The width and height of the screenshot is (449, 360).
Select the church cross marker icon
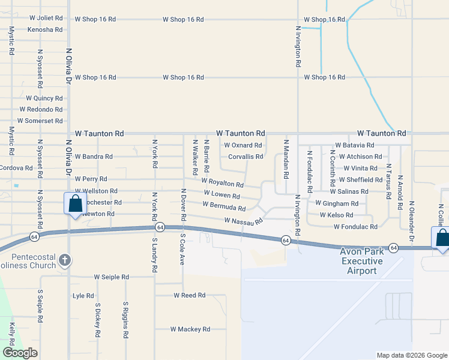point(65,260)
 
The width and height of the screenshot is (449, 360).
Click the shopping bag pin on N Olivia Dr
point(75,204)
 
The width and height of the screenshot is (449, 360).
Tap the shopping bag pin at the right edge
point(441,238)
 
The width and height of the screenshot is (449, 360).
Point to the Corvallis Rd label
point(246,157)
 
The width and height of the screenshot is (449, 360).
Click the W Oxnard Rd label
point(243,145)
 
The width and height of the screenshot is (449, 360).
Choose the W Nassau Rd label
point(244,221)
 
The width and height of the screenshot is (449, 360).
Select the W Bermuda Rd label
point(224,206)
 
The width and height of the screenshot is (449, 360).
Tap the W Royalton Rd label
point(223,182)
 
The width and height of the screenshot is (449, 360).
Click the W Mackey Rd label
point(190,329)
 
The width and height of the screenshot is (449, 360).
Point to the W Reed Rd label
point(190,296)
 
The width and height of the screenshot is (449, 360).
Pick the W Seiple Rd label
point(111,277)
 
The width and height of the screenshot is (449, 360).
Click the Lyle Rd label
point(83,296)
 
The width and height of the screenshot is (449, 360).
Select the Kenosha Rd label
point(45,29)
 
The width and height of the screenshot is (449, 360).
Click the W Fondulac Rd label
point(356,227)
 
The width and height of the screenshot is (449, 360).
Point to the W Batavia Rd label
point(355,145)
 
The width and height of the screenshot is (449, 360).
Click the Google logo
point(20,353)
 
